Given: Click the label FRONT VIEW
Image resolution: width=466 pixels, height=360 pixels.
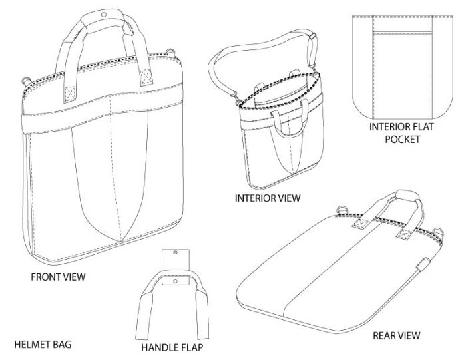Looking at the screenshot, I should (x=58, y=274).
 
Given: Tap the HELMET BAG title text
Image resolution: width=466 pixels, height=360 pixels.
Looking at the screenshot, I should (x=43, y=345).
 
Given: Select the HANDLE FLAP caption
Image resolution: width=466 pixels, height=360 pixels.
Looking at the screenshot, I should (x=172, y=347).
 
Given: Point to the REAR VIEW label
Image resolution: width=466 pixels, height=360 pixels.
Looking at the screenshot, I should (x=396, y=335).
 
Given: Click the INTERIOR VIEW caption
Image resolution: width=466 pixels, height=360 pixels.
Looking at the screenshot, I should (x=268, y=198).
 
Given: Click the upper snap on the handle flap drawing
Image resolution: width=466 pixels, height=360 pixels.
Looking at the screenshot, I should (x=174, y=253).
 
